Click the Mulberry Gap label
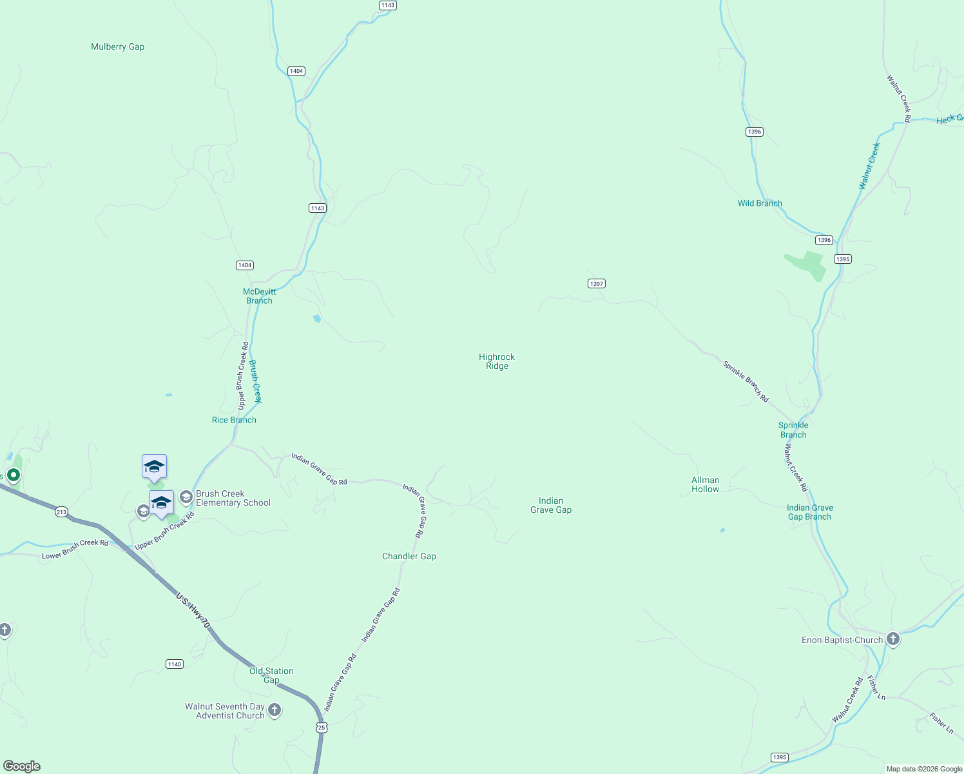pos(117,47)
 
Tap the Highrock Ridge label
pos(497,361)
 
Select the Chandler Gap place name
pos(409,556)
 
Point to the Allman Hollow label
pos(705,484)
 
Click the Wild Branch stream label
pos(760,203)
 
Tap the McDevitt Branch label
pos(259,296)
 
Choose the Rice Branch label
pos(234,420)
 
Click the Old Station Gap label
pos(271,675)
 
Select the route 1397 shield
pos(596,284)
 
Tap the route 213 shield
pos(61,512)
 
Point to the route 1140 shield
pos(175,664)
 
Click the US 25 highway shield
pos(322,728)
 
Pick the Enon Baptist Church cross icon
pos(892,639)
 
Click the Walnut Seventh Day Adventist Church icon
pos(275,711)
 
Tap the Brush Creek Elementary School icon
pos(186,497)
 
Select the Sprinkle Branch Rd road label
pos(746,382)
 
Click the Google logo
pos(22,766)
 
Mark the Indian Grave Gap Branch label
pos(809,512)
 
